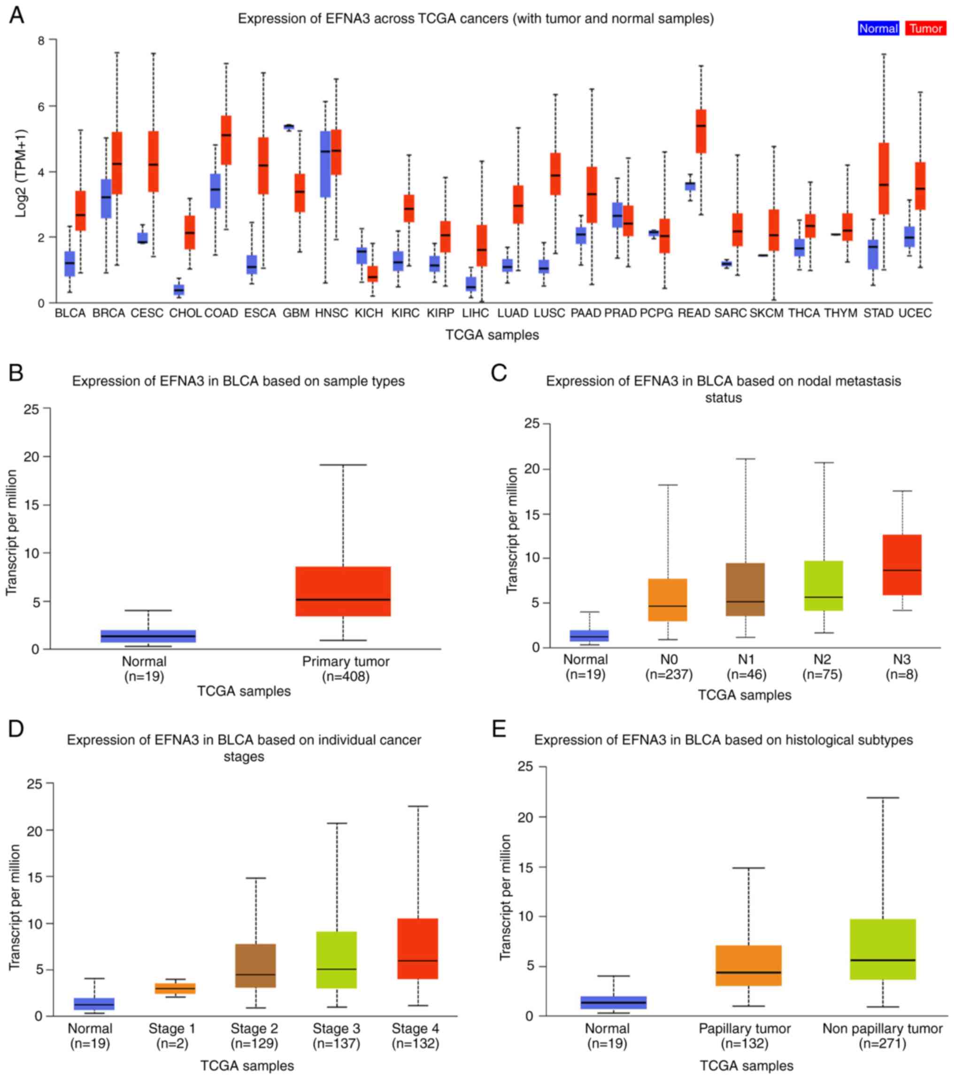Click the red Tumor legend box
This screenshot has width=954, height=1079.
[x=925, y=29]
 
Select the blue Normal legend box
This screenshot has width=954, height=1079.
[x=878, y=29]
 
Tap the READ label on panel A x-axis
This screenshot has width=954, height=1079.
[x=694, y=314]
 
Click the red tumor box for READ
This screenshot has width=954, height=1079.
[x=700, y=131]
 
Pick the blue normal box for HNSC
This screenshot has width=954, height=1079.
[x=325, y=164]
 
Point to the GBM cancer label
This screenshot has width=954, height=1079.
[x=296, y=314]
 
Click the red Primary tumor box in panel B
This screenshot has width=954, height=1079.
[x=343, y=591]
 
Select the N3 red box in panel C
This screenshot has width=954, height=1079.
[x=902, y=565]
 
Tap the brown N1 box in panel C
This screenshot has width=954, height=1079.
[x=746, y=590]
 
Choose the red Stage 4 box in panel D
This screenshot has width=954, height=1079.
[x=417, y=948]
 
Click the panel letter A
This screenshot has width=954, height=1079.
[x=16, y=16]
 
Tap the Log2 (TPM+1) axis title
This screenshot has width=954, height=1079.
[x=21, y=173]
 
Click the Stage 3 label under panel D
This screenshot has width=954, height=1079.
[x=336, y=1028]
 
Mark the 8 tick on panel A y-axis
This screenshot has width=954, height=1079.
[x=41, y=40]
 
